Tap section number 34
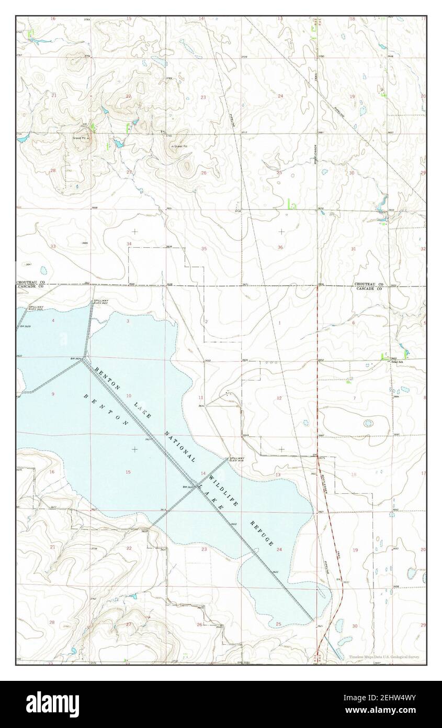click(x=129, y=244)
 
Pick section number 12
click(x=279, y=398)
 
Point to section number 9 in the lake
click(x=53, y=393)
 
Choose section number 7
click(x=354, y=398)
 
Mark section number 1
click(x=279, y=323)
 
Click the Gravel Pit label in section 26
click(x=180, y=146)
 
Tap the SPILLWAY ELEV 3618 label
click(x=237, y=459)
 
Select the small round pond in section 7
click(x=369, y=423)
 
